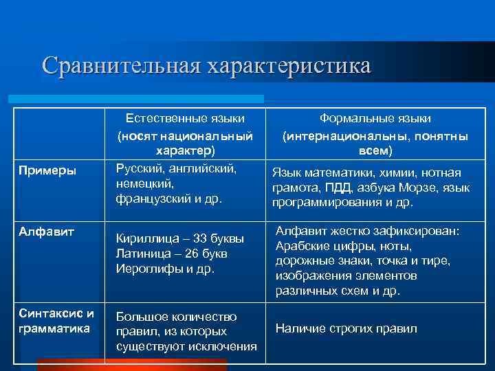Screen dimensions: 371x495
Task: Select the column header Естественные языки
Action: coord(184,118)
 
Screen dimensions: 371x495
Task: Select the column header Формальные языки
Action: coord(375,118)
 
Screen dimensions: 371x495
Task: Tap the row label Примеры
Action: coord(47,170)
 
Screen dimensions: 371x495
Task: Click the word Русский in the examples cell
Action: coord(139,168)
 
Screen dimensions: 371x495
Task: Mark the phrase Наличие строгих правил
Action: coord(346,328)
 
